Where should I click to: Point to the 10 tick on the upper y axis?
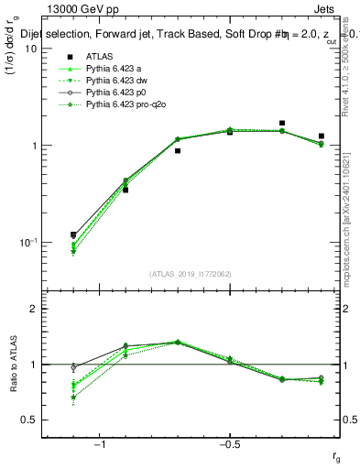click(31, 49)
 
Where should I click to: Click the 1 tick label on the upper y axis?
click(34, 146)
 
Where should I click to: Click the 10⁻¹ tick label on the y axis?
click(28, 242)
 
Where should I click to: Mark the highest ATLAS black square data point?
click(282, 123)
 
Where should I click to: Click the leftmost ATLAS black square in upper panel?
click(73, 234)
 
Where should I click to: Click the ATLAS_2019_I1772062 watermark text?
click(191, 273)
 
